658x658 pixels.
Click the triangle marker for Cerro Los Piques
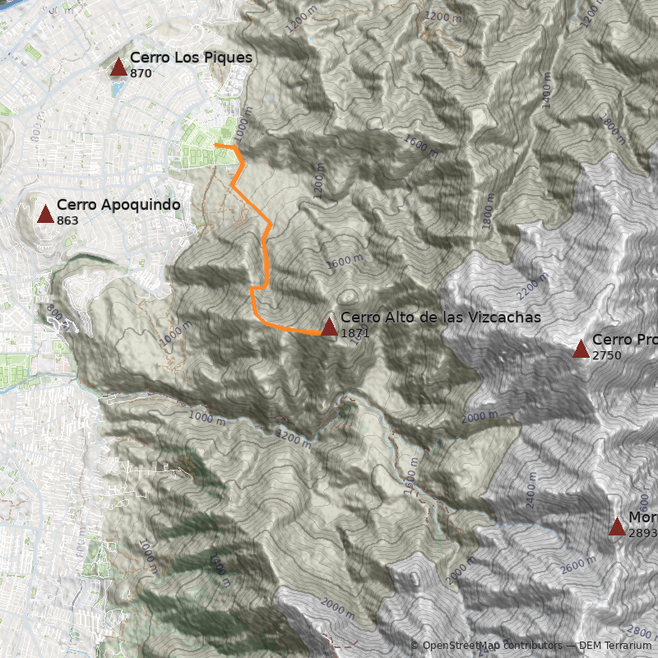[x=118, y=67]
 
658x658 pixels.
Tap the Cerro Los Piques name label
[x=191, y=58]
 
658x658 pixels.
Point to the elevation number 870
[x=141, y=73]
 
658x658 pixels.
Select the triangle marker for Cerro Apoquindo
[x=45, y=215]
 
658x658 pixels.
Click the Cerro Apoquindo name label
[x=118, y=205]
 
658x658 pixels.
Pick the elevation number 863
[x=67, y=220]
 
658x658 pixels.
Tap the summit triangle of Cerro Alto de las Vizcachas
[x=329, y=327]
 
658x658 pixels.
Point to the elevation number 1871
[x=354, y=333]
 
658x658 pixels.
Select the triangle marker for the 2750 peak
[x=581, y=350]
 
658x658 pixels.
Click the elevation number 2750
[x=606, y=355]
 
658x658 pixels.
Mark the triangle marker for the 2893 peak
[x=617, y=527]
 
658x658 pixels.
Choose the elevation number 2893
[x=642, y=533]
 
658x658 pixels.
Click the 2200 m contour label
[x=532, y=285]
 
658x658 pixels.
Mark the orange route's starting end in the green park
[x=215, y=145]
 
